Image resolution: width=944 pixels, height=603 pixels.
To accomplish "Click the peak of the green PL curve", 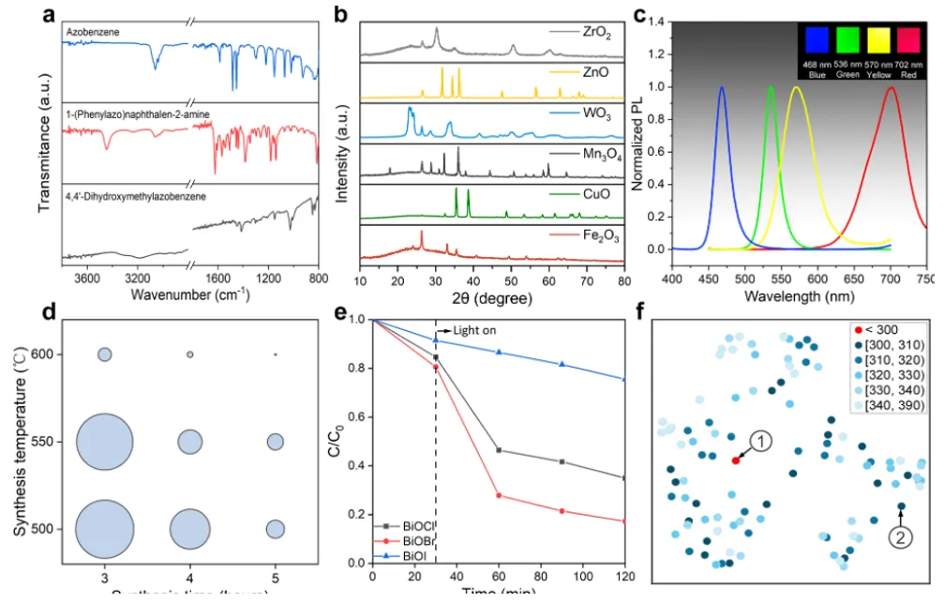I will coord(771,87).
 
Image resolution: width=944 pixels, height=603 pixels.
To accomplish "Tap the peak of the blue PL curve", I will coord(722,87).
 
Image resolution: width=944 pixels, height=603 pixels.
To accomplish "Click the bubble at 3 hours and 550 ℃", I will coord(104,442).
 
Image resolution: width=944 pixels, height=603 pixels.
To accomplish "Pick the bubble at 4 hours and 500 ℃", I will coord(189,529).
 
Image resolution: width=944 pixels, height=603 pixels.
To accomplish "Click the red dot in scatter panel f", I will coord(736,460).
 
